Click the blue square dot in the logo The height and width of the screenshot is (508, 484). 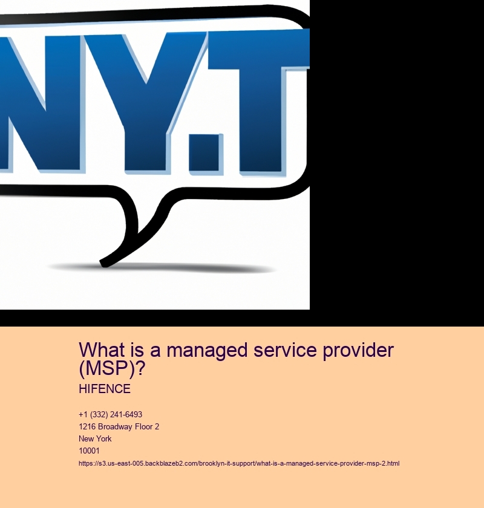point(206,153)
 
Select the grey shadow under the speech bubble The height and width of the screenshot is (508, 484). point(162,268)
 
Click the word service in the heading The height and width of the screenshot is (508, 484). point(286,350)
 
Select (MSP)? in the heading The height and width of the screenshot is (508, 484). point(112,368)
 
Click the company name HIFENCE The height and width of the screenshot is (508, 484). point(105,389)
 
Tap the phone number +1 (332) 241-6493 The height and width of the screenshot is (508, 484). point(110,415)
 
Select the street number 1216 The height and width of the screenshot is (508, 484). point(87,427)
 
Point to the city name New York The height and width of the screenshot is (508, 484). point(95,438)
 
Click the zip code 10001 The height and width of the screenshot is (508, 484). point(89,451)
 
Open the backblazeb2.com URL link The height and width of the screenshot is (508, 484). point(239,464)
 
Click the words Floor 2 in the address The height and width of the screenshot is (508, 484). point(147,427)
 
